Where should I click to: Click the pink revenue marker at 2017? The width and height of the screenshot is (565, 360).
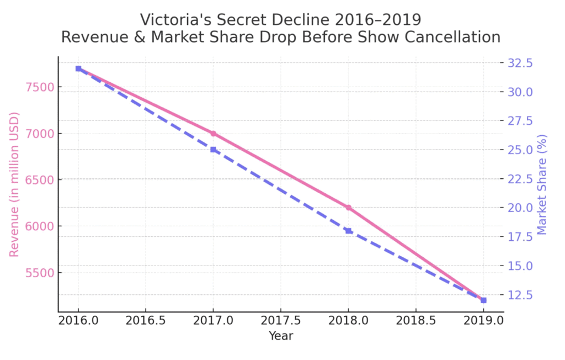click(214, 134)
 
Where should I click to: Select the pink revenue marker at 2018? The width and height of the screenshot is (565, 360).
click(348, 208)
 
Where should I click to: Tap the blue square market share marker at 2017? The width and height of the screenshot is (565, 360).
click(214, 150)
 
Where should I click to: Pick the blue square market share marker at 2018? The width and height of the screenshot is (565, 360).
click(348, 231)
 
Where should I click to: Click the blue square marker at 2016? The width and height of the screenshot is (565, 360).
click(78, 68)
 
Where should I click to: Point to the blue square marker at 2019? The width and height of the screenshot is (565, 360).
click(483, 300)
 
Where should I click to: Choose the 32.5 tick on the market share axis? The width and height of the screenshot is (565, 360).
click(520, 63)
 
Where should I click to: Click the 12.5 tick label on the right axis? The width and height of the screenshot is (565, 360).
click(520, 295)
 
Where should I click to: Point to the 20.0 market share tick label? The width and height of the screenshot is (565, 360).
click(520, 208)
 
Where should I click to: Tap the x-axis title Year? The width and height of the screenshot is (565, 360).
click(281, 336)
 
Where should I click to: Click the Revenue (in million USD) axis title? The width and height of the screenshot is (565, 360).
click(14, 184)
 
